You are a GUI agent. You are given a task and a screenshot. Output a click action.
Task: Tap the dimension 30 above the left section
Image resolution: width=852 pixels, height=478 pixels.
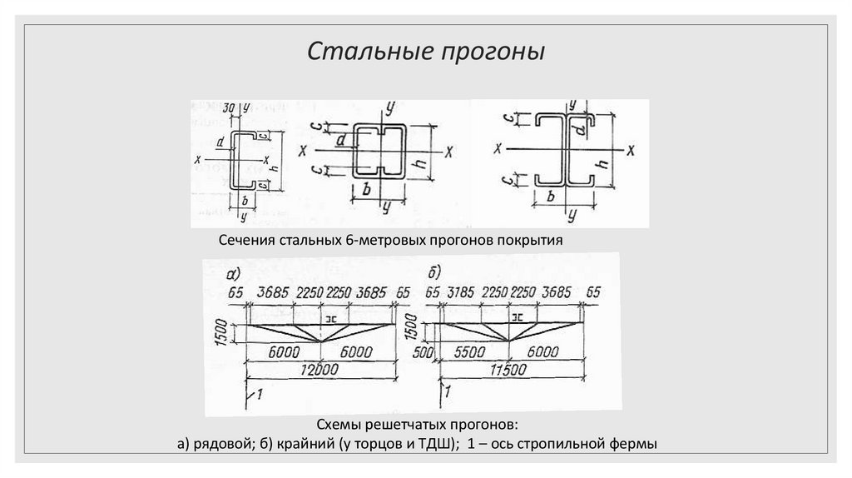click(x=229, y=107)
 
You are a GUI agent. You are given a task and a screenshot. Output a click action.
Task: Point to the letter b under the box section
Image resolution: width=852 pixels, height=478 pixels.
click(x=367, y=189)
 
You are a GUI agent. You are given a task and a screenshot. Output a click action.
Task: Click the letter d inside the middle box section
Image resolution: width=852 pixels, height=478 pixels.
click(x=341, y=141)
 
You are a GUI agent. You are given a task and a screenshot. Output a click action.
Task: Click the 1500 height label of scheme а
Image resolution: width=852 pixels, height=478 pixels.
click(x=220, y=331)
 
